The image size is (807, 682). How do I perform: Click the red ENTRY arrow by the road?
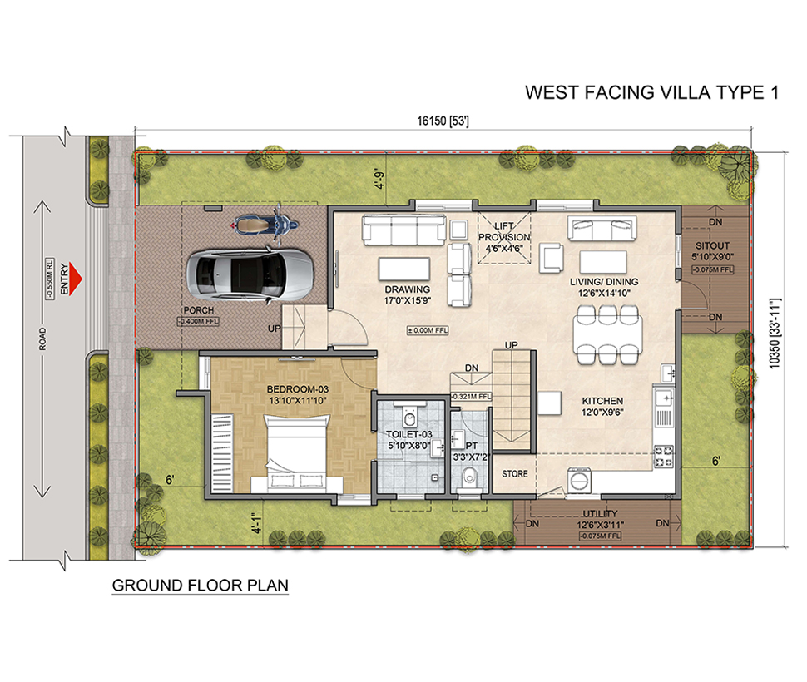point(76,279)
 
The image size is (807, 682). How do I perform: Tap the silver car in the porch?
point(250,275)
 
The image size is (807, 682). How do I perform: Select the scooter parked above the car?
point(265,225)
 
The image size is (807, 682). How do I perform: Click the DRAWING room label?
point(407,289)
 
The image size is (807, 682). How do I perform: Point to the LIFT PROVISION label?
point(504,231)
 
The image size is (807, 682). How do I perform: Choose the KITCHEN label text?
point(602,401)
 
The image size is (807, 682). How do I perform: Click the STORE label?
point(515,474)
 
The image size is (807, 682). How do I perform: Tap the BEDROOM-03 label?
point(298,389)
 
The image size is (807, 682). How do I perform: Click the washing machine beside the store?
point(580,481)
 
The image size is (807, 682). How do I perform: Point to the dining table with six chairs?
point(608,335)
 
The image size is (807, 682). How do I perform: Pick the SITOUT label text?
point(712,246)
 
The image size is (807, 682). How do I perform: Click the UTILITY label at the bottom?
point(600,514)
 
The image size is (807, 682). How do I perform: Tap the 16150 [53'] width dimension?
point(443,121)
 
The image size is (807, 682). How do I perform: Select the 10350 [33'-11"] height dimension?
point(775,333)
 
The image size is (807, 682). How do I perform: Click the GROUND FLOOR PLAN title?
point(201,586)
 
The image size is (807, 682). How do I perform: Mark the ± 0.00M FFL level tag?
point(428,330)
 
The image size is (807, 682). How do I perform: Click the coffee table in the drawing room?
point(404,269)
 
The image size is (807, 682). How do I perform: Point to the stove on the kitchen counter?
point(663,457)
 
